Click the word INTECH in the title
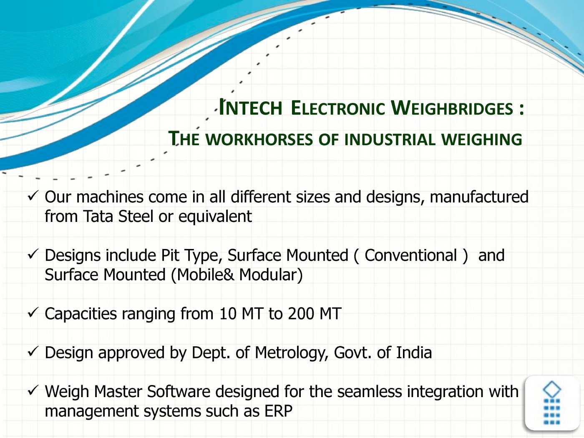(x=250, y=108)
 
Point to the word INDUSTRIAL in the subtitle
(x=390, y=139)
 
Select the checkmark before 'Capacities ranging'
(x=33, y=312)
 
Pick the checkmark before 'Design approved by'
(x=33, y=352)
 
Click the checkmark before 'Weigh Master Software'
(x=33, y=390)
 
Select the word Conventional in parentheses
(x=411, y=255)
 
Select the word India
(x=414, y=352)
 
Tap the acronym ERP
(x=278, y=411)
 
